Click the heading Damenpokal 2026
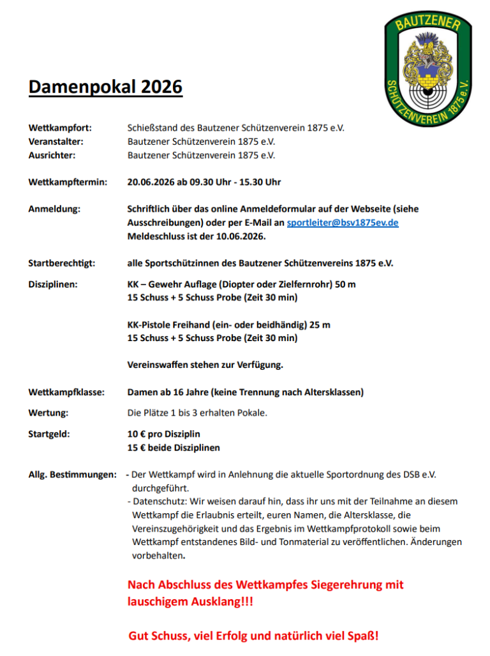[x=105, y=87]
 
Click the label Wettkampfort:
[x=60, y=128]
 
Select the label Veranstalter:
[x=56, y=141]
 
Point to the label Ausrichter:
[x=52, y=155]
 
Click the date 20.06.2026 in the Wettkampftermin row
[x=152, y=182]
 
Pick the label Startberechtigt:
[x=62, y=263]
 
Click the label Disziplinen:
[x=54, y=284]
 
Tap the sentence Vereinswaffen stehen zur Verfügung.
[x=205, y=365]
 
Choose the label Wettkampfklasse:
[x=67, y=392]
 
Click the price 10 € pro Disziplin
[x=164, y=434]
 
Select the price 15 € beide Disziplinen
[x=174, y=448]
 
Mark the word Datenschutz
[x=157, y=502]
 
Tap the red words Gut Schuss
[x=158, y=636]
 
